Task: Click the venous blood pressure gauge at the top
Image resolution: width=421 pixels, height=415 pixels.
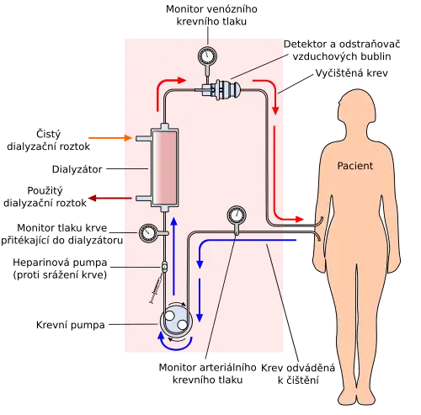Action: (208, 56)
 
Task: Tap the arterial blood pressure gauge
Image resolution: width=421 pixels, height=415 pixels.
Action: (237, 215)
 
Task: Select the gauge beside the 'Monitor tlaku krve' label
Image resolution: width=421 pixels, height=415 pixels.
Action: (148, 233)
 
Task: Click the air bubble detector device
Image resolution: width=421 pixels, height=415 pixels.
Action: (221, 89)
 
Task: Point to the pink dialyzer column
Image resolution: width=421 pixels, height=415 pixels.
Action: (164, 168)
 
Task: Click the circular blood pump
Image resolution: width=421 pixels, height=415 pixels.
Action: (176, 321)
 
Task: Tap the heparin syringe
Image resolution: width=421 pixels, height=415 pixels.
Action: (156, 289)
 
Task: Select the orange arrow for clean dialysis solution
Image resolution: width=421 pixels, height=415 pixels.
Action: (110, 138)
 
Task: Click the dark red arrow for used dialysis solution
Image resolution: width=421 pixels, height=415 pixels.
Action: (110, 199)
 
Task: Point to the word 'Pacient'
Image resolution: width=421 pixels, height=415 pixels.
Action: (355, 166)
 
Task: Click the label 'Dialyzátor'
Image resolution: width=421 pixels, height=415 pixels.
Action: (77, 169)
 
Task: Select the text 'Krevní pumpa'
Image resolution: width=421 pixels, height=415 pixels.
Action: (71, 325)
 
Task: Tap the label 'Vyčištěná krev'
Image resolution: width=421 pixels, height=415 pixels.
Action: (352, 73)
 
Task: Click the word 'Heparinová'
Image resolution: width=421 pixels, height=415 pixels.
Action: (39, 263)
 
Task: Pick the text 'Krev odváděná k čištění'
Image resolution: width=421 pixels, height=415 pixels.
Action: (298, 374)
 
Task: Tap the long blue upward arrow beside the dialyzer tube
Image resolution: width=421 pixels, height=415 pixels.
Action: (174, 256)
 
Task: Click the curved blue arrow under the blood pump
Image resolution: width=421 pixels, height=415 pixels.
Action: (174, 343)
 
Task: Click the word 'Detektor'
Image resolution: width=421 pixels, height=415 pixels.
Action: (306, 45)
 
